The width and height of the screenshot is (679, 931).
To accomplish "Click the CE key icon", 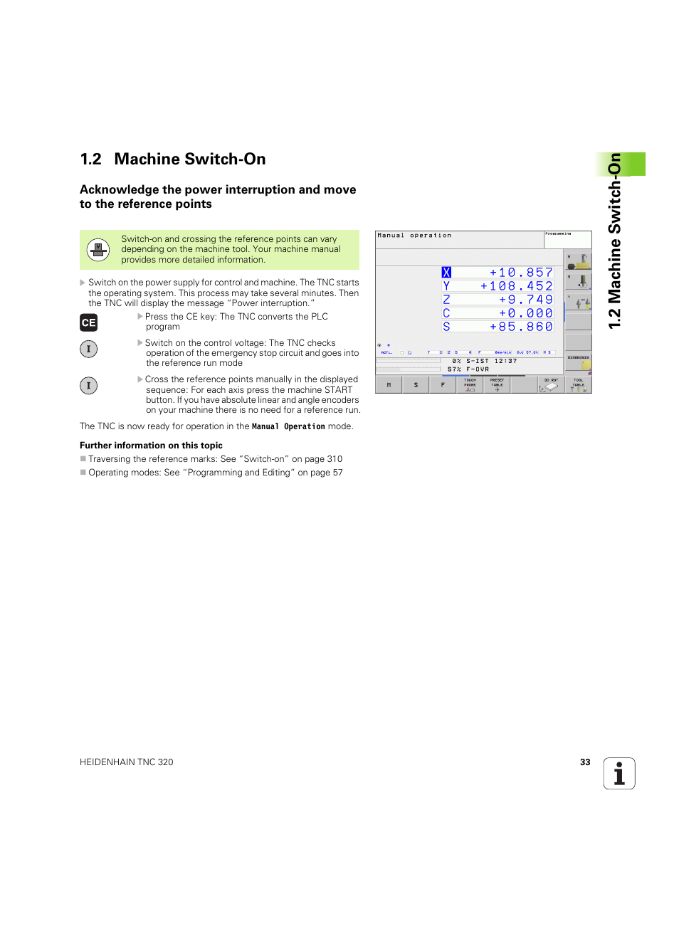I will [88, 322].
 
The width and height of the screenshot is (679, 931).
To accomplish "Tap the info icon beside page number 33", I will [619, 773].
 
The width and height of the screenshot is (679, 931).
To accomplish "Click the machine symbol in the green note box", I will [98, 250].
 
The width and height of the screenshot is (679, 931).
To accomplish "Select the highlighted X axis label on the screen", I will [446, 273].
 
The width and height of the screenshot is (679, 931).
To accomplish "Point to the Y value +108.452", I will [516, 286].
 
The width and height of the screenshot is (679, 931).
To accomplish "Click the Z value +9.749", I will [525, 300].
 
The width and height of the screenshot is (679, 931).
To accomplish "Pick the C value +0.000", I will [525, 313].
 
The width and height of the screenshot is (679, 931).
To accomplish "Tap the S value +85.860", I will [521, 327].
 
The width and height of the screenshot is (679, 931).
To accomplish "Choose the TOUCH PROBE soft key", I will [470, 385].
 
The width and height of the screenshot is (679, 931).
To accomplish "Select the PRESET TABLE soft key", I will [497, 385].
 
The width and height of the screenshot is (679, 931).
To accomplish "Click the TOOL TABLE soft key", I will [578, 385].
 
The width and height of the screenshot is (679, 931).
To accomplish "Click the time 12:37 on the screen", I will [505, 361].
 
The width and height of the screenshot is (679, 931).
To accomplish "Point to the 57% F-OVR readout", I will [468, 369].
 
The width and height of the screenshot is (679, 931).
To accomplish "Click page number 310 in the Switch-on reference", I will [335, 459].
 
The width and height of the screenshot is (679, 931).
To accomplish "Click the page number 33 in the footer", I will [585, 762].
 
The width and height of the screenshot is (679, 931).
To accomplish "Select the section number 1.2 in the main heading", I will [90, 159].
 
